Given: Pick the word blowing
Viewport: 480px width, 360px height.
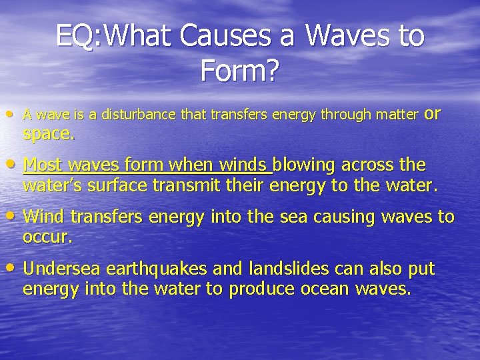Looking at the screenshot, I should (x=305, y=164).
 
